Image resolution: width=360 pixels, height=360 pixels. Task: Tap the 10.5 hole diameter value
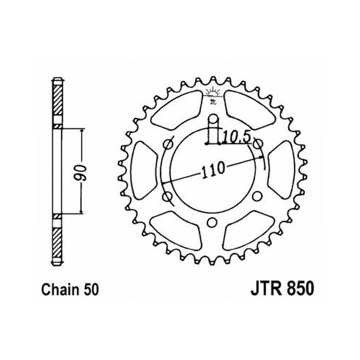(x=236, y=138)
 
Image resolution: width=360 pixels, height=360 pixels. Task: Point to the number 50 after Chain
(x=91, y=290)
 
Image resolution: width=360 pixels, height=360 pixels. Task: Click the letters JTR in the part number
(x=266, y=289)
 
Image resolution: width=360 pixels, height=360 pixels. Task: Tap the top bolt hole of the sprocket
(x=213, y=119)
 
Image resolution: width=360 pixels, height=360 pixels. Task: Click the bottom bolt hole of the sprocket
(x=212, y=222)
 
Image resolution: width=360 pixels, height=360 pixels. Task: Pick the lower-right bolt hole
(x=257, y=196)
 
